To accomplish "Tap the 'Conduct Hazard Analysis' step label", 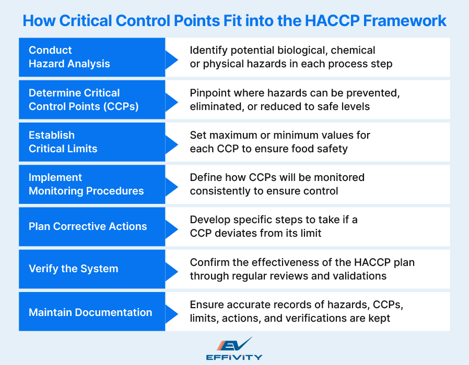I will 69,57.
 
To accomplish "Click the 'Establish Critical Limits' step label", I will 63,142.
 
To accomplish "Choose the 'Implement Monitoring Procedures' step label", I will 86,184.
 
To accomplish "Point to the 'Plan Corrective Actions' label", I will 88,226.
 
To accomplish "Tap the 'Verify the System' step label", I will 74,269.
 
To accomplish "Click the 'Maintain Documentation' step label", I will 90,312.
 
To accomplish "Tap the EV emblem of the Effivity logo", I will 234,345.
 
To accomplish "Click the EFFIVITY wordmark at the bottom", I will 234,358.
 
